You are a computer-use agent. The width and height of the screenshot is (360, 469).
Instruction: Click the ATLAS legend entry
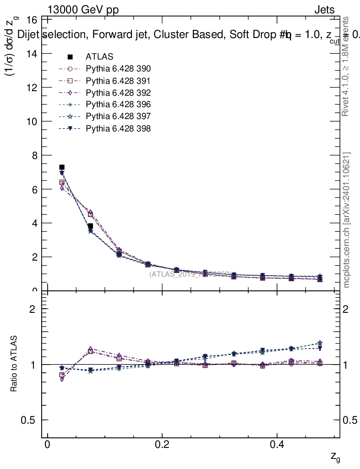(x=99, y=57)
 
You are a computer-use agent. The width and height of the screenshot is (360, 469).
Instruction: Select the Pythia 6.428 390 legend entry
(x=118, y=69)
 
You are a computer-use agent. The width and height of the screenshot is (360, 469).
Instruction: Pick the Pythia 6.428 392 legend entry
(x=118, y=93)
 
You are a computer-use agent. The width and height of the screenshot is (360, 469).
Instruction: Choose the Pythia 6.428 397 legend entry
(x=118, y=117)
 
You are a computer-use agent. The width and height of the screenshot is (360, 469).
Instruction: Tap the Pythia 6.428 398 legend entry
(x=118, y=129)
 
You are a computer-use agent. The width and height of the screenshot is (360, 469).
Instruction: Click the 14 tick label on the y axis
(x=33, y=54)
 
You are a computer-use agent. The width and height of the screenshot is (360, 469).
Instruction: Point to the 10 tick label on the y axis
(x=33, y=121)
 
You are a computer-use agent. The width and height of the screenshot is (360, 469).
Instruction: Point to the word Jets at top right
(x=324, y=10)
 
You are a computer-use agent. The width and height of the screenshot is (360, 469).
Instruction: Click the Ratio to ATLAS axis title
(x=14, y=364)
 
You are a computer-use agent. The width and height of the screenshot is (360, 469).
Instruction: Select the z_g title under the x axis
(x=335, y=457)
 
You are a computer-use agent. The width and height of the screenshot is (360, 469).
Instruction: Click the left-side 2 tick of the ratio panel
(x=33, y=309)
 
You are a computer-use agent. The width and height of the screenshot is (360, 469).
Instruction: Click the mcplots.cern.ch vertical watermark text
(x=347, y=220)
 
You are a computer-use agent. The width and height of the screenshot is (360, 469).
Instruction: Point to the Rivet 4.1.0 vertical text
(x=347, y=66)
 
